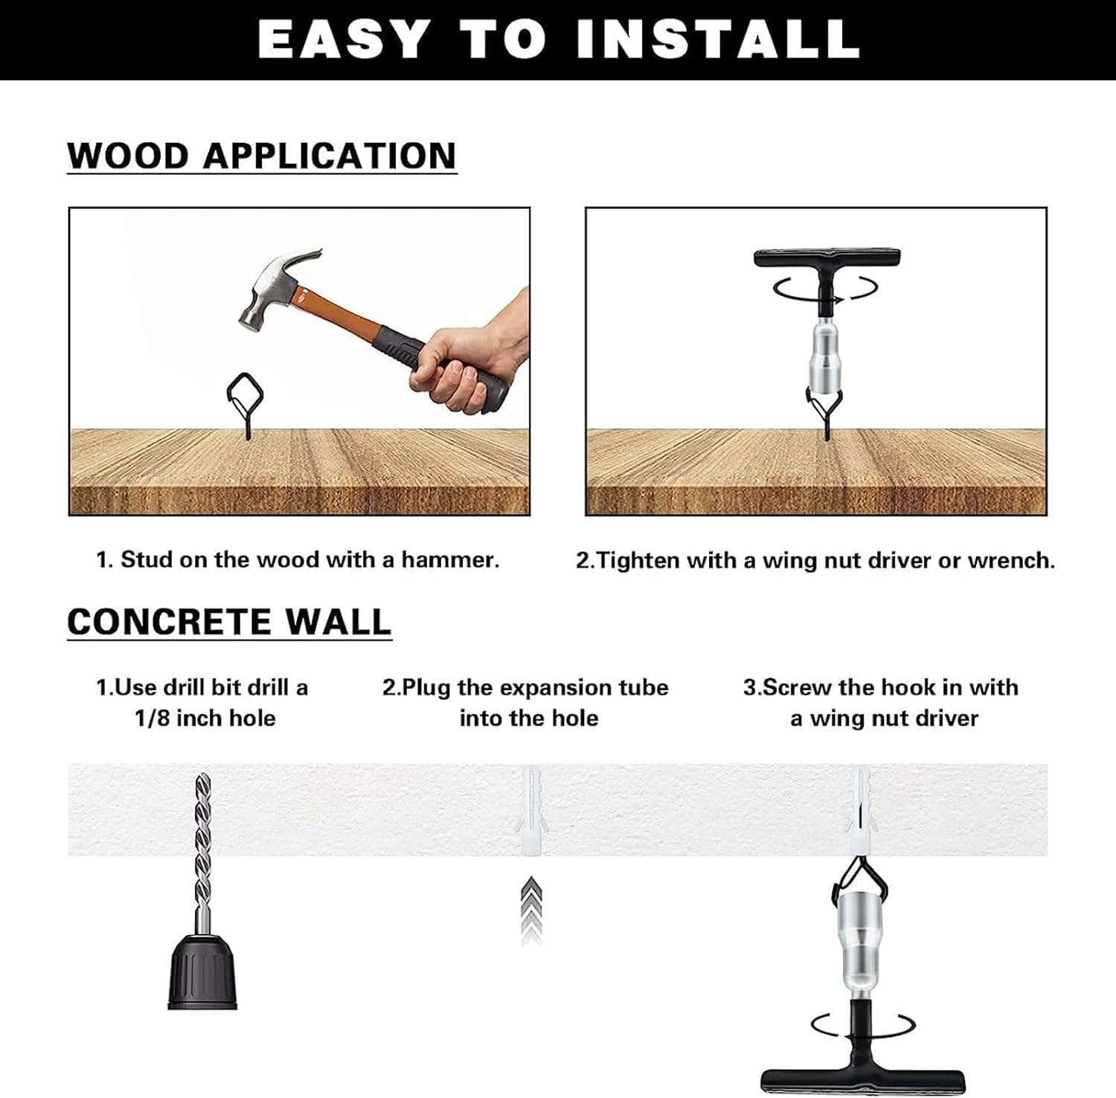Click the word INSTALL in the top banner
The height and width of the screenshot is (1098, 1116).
718,39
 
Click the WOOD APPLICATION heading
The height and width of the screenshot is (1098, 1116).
262,155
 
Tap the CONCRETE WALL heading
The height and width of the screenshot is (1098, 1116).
229,622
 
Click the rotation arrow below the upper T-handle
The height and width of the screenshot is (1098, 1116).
827,288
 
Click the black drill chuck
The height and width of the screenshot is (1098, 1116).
202,972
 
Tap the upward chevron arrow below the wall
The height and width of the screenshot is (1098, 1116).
530,910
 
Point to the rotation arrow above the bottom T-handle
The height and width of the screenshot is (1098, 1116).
863,1026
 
